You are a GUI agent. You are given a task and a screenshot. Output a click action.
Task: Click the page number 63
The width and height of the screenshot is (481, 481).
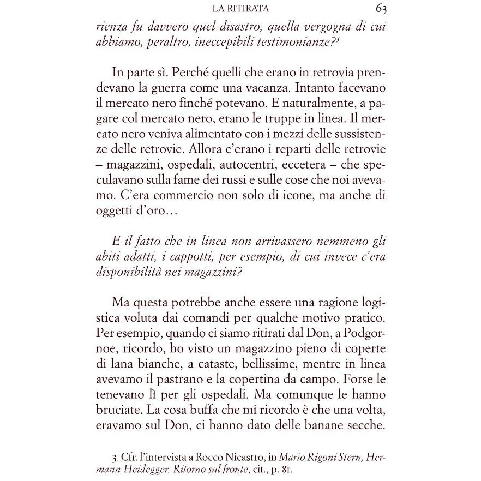click(x=381, y=9)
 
